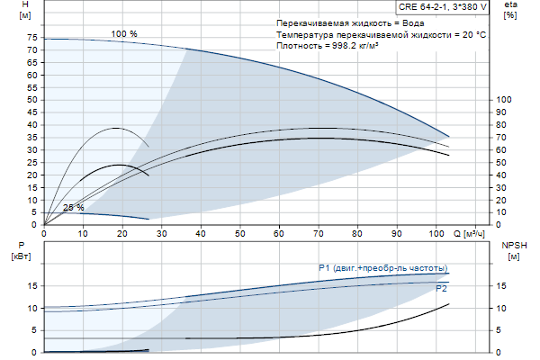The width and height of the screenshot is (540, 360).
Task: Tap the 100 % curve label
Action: pyautogui.click(x=124, y=34)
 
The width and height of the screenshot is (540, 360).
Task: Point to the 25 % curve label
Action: pyautogui.click(x=74, y=208)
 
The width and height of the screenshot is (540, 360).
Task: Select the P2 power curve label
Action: pyautogui.click(x=441, y=290)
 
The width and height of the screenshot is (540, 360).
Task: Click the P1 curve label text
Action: pyautogui.click(x=382, y=268)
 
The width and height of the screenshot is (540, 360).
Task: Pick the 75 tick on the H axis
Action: pyautogui.click(x=32, y=39)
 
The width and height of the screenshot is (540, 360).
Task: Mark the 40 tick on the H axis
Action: pyautogui.click(x=32, y=126)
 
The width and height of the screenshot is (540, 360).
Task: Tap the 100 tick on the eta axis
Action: pyautogui.click(x=504, y=100)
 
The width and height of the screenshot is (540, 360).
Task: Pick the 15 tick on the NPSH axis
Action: pyautogui.click(x=502, y=286)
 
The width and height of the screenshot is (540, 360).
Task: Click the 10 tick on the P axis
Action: pyautogui.click(x=32, y=309)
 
